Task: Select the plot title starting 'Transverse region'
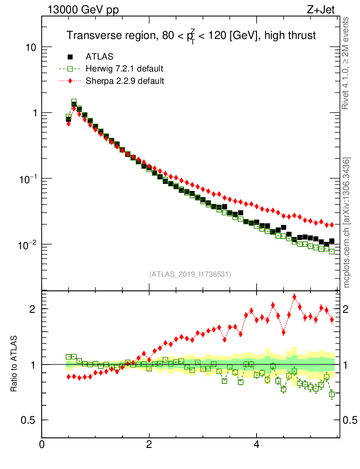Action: (191, 35)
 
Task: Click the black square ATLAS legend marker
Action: (70, 57)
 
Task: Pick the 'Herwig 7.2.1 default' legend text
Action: (124, 69)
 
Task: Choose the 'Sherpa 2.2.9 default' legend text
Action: (125, 81)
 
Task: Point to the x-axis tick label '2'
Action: (149, 444)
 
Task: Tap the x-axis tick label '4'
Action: (256, 444)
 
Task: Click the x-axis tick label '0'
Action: (42, 444)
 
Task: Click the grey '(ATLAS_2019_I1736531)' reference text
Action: (190, 274)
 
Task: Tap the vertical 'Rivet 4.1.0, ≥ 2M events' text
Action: (346, 63)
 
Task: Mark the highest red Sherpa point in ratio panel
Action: (295, 297)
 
